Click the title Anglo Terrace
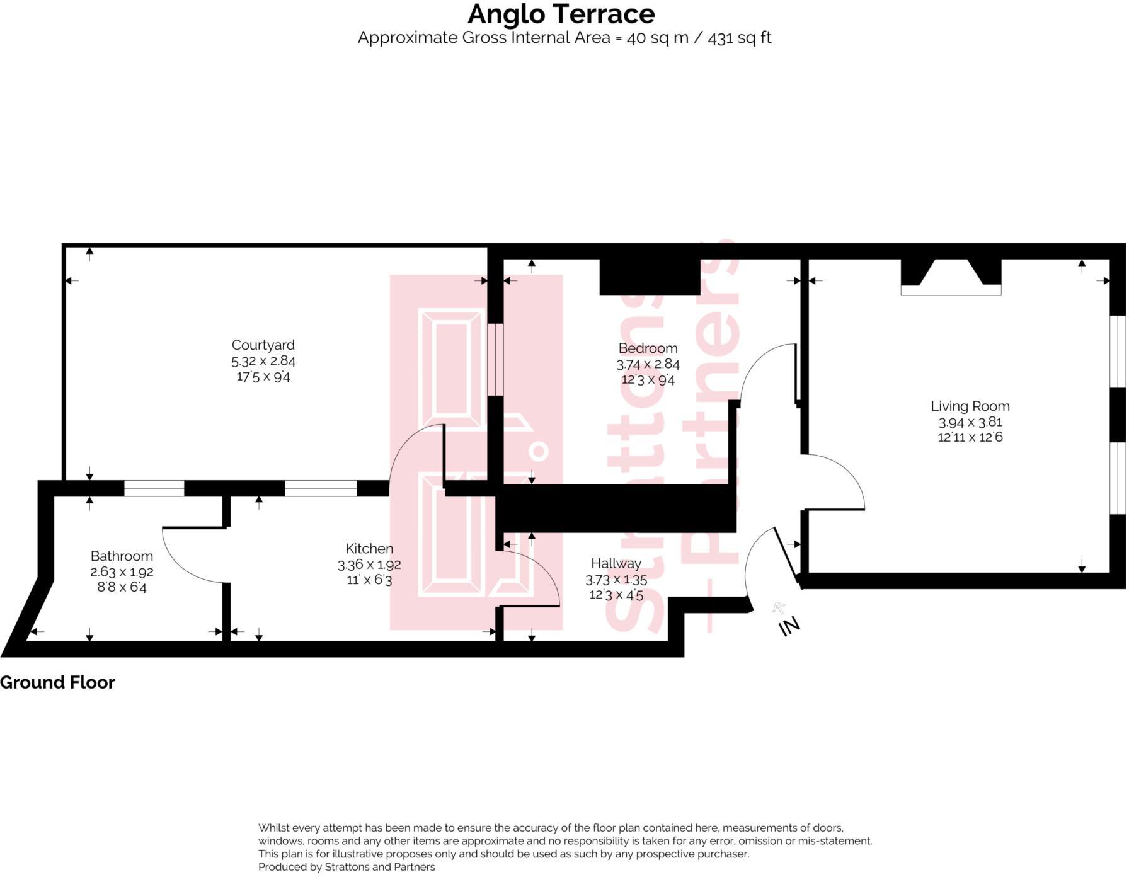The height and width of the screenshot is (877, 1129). tap(561, 14)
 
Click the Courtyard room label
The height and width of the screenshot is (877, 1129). tap(263, 345)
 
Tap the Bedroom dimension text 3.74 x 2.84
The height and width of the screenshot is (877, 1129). tap(648, 364)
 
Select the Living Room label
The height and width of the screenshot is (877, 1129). tap(970, 406)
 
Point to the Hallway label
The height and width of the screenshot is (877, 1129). tap(616, 563)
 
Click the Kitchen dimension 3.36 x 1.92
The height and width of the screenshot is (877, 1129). tap(369, 565)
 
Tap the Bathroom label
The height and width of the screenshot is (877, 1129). tap(122, 556)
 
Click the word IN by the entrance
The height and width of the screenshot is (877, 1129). tap(789, 626)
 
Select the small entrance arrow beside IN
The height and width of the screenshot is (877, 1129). tap(779, 607)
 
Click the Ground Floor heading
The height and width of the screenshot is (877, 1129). tap(57, 682)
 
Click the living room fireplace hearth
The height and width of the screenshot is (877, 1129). tap(951, 290)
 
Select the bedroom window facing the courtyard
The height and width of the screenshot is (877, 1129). tap(496, 359)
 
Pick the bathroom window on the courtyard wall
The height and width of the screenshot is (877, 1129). tap(154, 488)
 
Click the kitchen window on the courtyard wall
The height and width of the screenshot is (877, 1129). tap(321, 488)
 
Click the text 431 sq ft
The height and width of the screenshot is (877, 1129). tap(739, 38)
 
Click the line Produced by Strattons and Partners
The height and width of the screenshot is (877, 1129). tap(347, 867)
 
